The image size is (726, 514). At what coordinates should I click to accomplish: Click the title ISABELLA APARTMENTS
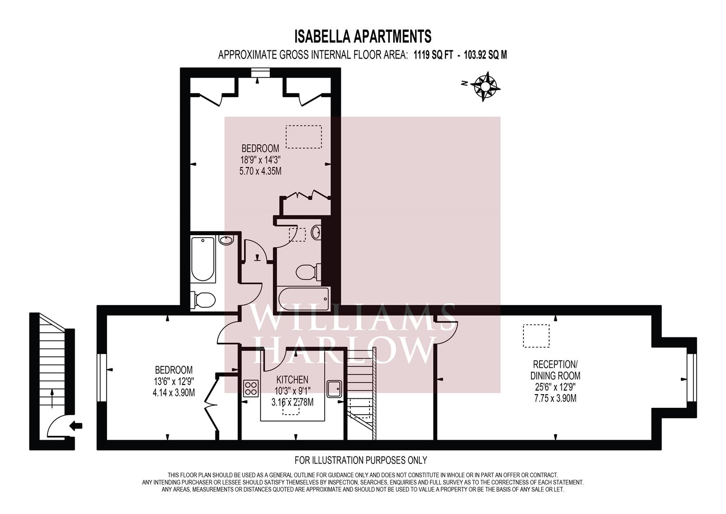click(363, 36)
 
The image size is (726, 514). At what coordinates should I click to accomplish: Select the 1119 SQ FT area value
click(433, 55)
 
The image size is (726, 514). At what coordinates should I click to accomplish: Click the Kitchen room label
click(292, 379)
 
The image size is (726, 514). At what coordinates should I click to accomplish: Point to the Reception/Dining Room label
click(555, 370)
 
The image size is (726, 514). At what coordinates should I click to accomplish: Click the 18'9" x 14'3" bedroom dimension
click(260, 159)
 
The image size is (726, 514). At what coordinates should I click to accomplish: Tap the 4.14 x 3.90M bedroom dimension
click(174, 393)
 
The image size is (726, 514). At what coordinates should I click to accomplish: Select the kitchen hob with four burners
click(251, 388)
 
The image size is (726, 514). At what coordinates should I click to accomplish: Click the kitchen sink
click(334, 388)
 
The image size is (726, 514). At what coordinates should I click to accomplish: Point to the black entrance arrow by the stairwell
click(76, 426)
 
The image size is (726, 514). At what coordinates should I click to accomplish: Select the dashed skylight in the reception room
click(536, 336)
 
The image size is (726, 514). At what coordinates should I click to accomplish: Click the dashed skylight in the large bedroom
click(304, 137)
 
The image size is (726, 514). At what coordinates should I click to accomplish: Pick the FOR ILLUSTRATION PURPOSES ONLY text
click(361, 460)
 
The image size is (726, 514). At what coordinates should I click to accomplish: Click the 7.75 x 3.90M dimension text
click(555, 398)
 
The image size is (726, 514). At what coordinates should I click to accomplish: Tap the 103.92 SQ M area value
click(485, 55)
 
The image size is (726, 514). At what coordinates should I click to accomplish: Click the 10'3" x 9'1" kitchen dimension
click(292, 391)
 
